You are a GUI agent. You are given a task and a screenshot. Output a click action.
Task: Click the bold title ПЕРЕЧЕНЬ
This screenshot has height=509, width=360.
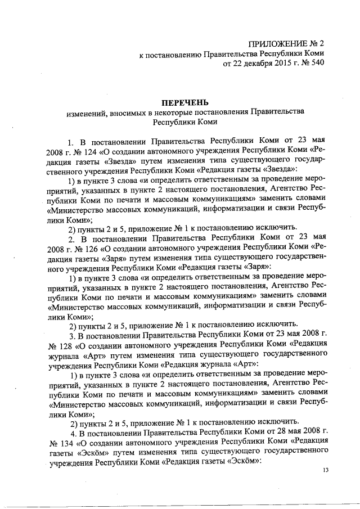185,102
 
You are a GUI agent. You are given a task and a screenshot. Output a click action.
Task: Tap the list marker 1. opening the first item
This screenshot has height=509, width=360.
71,139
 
